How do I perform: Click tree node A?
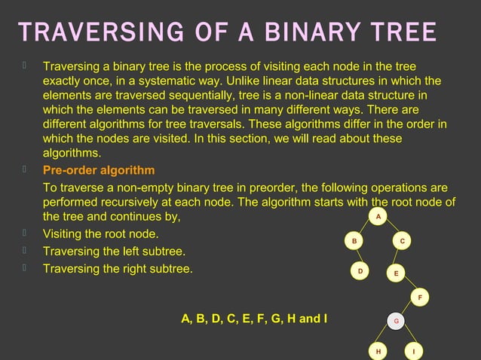(378, 217)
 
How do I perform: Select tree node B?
(354, 241)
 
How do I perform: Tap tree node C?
(403, 241)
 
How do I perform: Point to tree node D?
(360, 271)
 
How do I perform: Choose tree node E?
(396, 273)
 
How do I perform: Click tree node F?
(421, 297)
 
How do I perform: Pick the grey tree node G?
(397, 322)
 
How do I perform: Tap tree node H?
(378, 351)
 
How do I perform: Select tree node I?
(413, 351)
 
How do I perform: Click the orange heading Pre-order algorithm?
(99, 170)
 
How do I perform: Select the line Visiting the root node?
(100, 233)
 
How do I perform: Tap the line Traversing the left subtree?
(114, 251)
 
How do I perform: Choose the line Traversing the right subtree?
(118, 268)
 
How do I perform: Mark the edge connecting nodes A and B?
(366, 229)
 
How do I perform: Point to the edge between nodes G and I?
(405, 337)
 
